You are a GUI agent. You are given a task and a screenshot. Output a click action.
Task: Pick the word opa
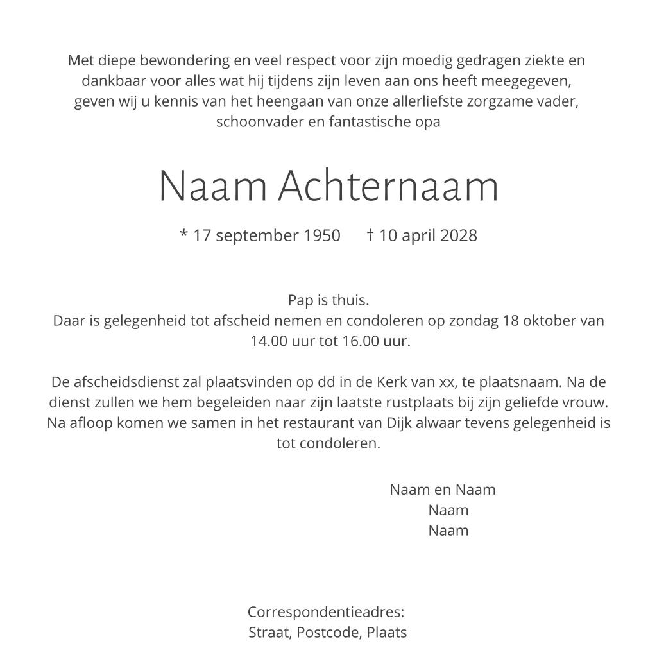[428, 122]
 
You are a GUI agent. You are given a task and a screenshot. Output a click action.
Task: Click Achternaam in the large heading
[389, 187]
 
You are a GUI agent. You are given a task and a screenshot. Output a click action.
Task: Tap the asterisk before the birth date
[183, 235]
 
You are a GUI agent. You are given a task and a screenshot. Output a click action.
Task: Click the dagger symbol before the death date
[370, 235]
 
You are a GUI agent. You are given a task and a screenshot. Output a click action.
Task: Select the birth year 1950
[322, 235]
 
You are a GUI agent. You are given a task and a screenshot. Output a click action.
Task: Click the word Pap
[299, 300]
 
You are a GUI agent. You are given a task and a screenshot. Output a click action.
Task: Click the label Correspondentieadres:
[326, 612]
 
